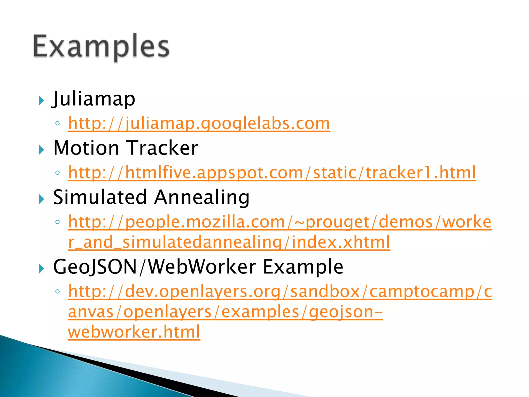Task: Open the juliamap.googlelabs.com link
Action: [x=199, y=124]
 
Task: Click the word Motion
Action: [x=86, y=148]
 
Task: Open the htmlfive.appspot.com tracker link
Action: [x=272, y=173]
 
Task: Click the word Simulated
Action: [x=100, y=197]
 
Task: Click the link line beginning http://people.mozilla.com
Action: [x=280, y=222]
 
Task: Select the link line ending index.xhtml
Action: [x=229, y=242]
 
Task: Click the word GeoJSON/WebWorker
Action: [x=154, y=267]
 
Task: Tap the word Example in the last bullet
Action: [x=303, y=267]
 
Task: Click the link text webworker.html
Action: [x=134, y=332]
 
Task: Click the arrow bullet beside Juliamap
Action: [x=41, y=101]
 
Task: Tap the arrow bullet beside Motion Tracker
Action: [x=41, y=150]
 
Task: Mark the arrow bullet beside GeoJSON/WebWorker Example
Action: [x=41, y=269]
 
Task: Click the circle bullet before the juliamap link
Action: [x=58, y=124]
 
